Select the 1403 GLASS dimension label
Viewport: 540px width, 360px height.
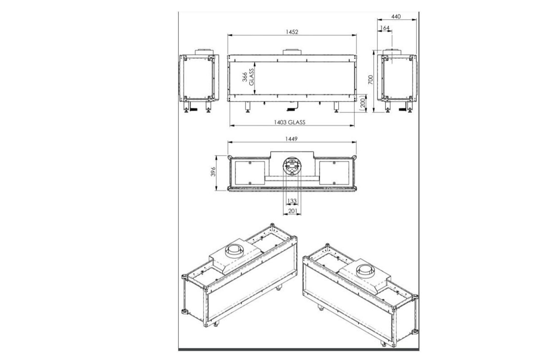tap(292, 122)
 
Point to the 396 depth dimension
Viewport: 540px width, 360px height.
tap(213, 173)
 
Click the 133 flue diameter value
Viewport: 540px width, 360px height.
tap(291, 200)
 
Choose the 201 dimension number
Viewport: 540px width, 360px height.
tap(292, 210)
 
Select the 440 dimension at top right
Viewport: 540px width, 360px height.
tap(395, 16)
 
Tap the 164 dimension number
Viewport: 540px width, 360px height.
tap(385, 28)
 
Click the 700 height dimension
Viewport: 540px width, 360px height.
tap(370, 81)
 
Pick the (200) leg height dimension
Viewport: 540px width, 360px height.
tap(362, 103)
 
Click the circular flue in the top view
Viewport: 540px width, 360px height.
tap(292, 165)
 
